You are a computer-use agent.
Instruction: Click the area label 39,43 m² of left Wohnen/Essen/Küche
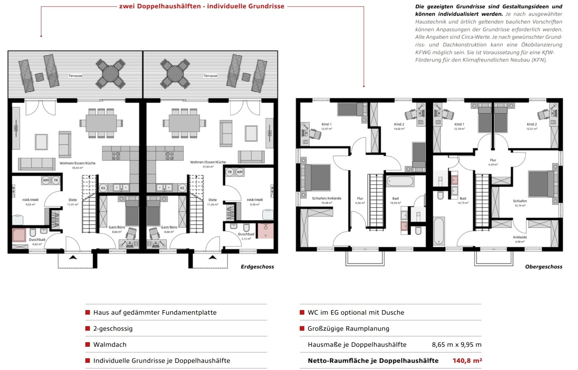78,168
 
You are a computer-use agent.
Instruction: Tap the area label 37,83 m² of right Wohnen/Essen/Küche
208,167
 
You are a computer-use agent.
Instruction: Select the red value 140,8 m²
467,361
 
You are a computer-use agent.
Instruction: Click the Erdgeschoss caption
257,267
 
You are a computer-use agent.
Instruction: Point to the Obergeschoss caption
543,267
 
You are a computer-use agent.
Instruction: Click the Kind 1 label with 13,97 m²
326,124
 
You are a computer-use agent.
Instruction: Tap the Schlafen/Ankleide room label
327,198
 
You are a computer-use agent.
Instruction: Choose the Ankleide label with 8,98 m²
520,237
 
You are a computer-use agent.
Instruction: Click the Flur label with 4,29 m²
493,160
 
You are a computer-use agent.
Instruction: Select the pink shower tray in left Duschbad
18,235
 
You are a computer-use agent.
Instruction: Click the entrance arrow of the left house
73,258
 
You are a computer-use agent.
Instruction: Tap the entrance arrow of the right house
212,258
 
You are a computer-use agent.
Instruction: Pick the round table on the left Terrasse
110,74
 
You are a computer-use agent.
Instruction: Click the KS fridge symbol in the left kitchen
103,188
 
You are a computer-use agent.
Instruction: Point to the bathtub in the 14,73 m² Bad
439,231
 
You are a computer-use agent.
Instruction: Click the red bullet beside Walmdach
87,344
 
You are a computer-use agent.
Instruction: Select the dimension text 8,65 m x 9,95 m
456,345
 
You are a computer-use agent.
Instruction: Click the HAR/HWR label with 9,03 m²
30,200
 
